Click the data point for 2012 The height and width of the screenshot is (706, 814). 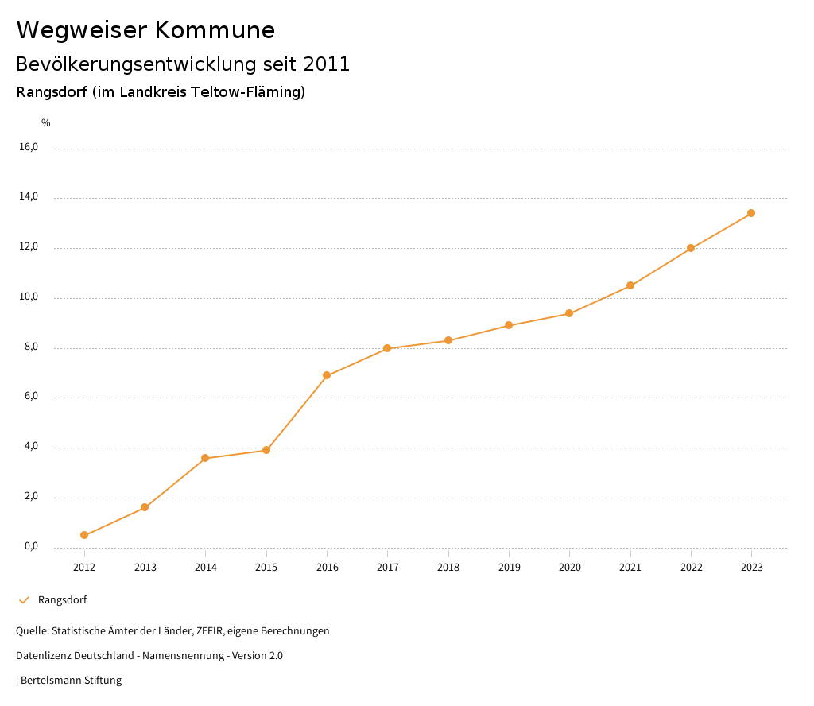pyautogui.click(x=84, y=535)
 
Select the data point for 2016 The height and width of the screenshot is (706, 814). pyautogui.click(x=327, y=375)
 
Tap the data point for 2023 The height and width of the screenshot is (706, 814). pyautogui.click(x=751, y=213)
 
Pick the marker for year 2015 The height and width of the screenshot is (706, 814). pyautogui.click(x=266, y=450)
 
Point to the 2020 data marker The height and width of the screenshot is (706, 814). pyautogui.click(x=569, y=313)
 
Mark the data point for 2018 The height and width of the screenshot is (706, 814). pyautogui.click(x=448, y=340)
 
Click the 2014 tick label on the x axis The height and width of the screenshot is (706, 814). pyautogui.click(x=206, y=567)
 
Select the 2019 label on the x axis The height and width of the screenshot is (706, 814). pyautogui.click(x=509, y=567)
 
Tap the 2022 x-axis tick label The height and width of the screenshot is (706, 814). pyautogui.click(x=691, y=567)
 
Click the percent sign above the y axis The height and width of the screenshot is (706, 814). pyautogui.click(x=46, y=123)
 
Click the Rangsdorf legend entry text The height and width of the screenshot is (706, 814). pyautogui.click(x=62, y=600)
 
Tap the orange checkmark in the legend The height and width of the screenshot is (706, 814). pyautogui.click(x=24, y=600)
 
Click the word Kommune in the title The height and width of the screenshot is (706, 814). pyautogui.click(x=215, y=30)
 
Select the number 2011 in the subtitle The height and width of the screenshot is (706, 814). pyautogui.click(x=327, y=64)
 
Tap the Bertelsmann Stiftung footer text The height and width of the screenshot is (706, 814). pyautogui.click(x=71, y=681)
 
